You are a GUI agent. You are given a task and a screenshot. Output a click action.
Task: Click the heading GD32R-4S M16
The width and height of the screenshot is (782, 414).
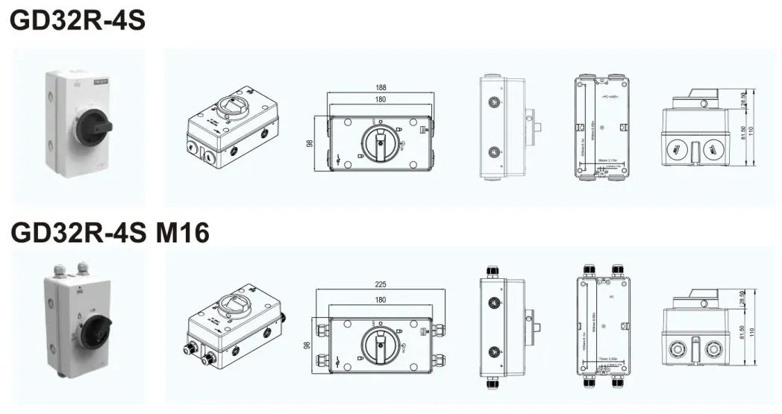tap(110, 233)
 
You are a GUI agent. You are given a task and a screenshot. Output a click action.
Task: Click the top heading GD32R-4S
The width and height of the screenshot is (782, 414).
tap(77, 21)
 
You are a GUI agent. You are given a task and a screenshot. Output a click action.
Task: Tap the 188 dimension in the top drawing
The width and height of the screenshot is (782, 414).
tap(381, 88)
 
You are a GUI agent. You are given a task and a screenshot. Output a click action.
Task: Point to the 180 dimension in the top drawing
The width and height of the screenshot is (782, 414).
tap(381, 99)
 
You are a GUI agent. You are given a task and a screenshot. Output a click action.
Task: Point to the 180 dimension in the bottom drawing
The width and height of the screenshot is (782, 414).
tap(381, 300)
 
